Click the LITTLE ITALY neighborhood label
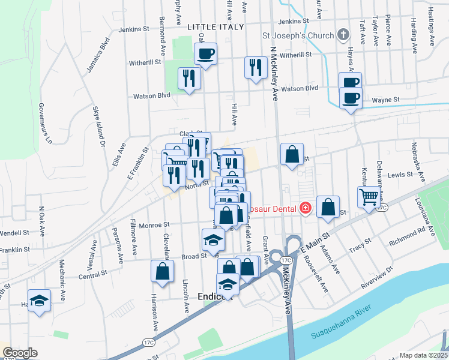215,27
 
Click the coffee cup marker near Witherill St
205,55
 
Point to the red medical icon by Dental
306,208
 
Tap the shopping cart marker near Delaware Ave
369,197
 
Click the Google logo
20,353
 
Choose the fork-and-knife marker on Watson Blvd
189,79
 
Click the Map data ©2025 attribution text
424,355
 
